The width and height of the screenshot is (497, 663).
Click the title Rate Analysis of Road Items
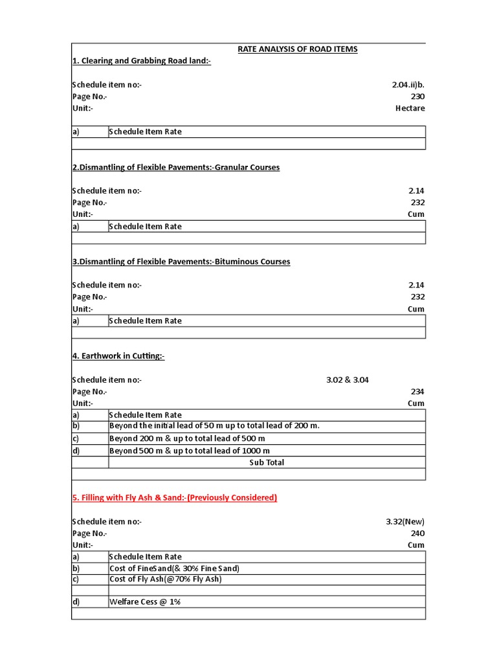pyautogui.click(x=298, y=49)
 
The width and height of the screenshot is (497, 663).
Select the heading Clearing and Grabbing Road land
pyautogui.click(x=141, y=61)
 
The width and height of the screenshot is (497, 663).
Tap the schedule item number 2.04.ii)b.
pyautogui.click(x=408, y=85)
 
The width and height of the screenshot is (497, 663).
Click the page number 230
pyautogui.click(x=417, y=96)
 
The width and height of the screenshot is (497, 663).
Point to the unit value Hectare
pyautogui.click(x=410, y=108)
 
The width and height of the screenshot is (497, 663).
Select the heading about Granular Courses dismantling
pyautogui.click(x=175, y=167)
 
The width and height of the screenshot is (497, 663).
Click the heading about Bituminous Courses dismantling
pyautogui.click(x=181, y=262)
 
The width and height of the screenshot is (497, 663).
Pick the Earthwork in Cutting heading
pyautogui.click(x=118, y=356)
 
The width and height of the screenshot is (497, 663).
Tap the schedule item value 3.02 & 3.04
pyautogui.click(x=348, y=380)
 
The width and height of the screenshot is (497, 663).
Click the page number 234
pyautogui.click(x=417, y=392)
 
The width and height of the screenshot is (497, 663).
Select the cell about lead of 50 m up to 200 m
pyautogui.click(x=215, y=426)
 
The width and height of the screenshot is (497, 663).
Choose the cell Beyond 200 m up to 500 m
pyautogui.click(x=187, y=438)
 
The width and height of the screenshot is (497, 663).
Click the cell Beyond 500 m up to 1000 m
pyautogui.click(x=190, y=451)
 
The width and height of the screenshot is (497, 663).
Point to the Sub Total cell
pyautogui.click(x=267, y=462)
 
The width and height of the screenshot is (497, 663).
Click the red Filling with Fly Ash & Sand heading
pyautogui.click(x=174, y=497)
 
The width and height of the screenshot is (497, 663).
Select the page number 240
pyautogui.click(x=417, y=534)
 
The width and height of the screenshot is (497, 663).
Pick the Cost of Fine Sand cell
pyautogui.click(x=175, y=568)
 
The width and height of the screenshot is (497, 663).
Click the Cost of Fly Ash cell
pyautogui.click(x=166, y=579)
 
